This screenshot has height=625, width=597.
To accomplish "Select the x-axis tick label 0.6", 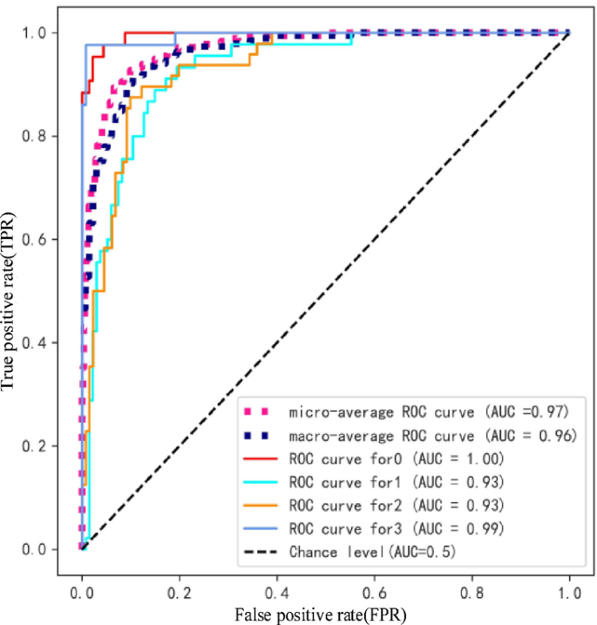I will (x=375, y=590).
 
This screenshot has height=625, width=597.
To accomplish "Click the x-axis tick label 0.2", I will (x=179, y=590).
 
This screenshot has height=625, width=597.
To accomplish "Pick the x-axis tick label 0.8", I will (x=472, y=590).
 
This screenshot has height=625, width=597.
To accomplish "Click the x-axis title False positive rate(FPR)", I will (x=320, y=614).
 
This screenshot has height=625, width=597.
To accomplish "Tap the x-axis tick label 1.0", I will (x=570, y=590).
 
